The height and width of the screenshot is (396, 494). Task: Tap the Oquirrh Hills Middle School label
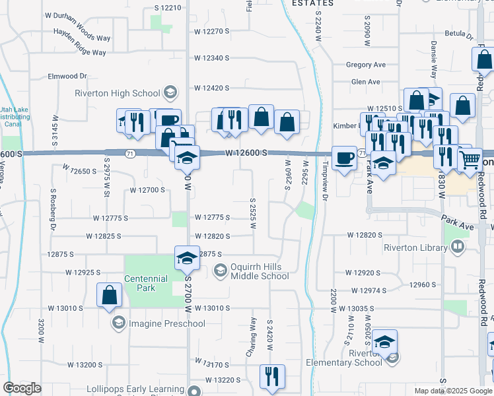(260, 271)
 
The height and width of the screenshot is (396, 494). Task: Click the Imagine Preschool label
(166, 323)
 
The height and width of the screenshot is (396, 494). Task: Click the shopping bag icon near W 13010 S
(109, 295)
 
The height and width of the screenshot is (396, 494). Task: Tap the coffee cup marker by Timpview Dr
(343, 158)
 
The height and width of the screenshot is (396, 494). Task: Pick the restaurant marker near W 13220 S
(272, 377)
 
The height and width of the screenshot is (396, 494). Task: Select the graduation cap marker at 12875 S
(187, 258)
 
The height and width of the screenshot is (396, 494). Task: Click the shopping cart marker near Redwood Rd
(470, 158)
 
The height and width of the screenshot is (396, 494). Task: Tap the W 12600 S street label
(246, 153)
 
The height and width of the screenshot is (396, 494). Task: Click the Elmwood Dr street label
(67, 77)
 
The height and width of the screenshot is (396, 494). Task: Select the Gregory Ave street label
(366, 65)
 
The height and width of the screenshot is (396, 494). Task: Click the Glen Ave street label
(366, 82)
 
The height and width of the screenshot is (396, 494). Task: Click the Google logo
(22, 387)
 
